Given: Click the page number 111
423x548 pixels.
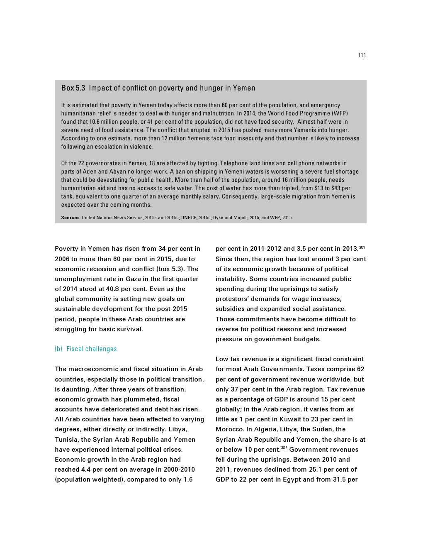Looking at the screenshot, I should [362, 55].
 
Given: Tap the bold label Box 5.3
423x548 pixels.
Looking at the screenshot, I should [73, 88].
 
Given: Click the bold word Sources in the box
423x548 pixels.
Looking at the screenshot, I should [70, 218].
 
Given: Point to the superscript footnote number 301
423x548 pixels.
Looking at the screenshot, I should [362, 247].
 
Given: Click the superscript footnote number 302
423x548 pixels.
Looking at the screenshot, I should [284, 448].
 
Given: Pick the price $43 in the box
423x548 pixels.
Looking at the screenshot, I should [336, 188].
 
